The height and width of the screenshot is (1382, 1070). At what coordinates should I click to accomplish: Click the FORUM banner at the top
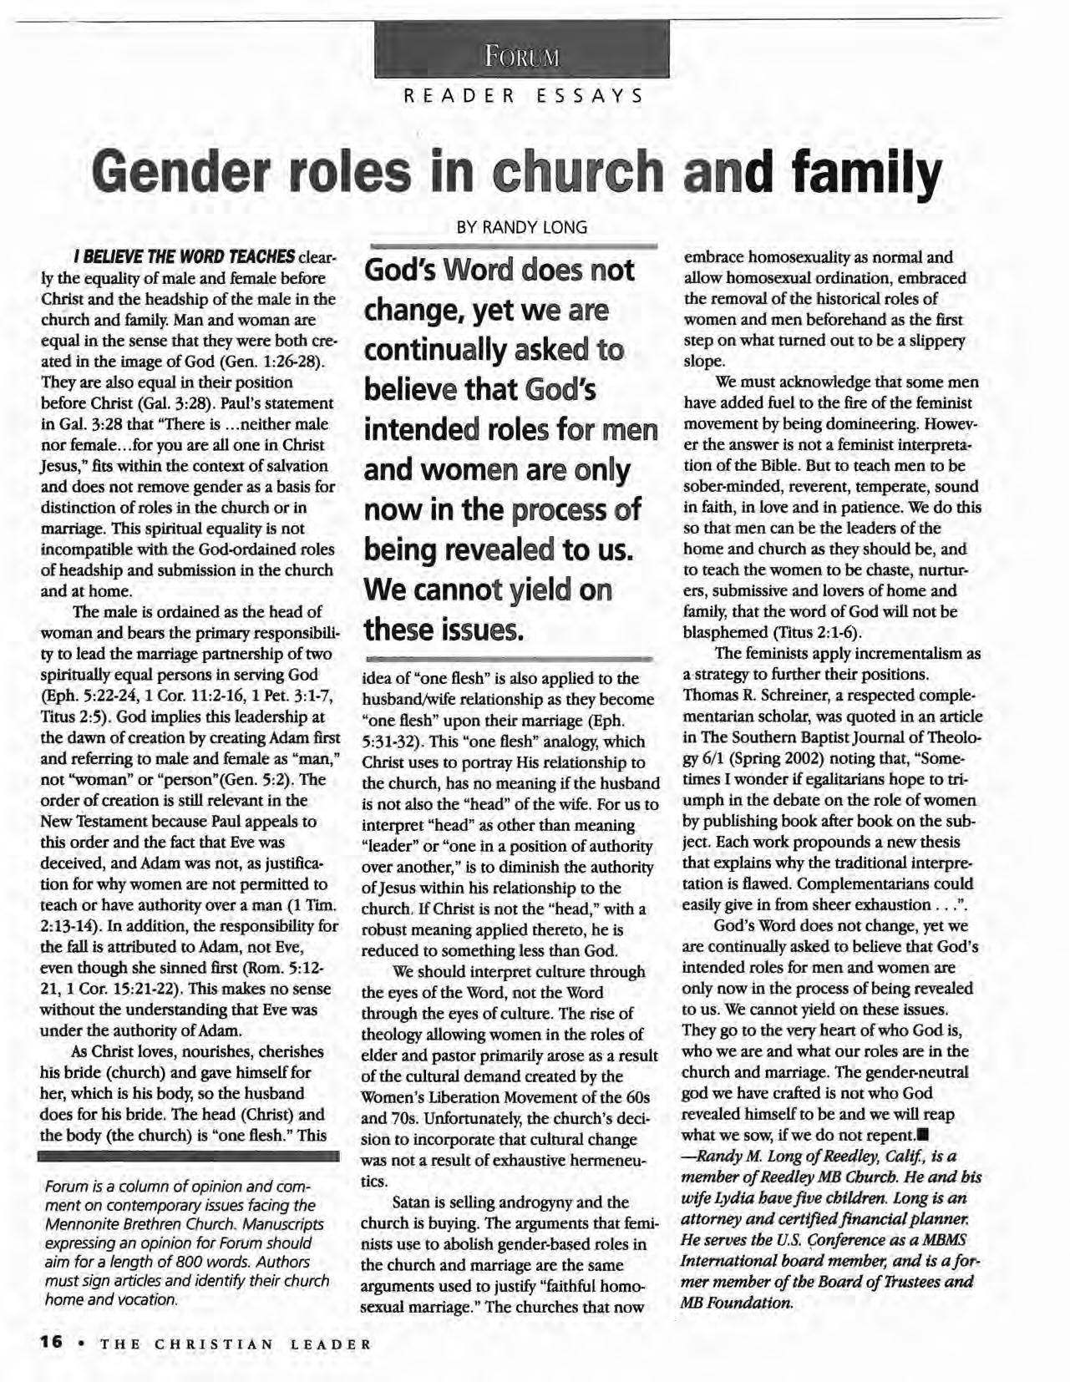click(x=521, y=57)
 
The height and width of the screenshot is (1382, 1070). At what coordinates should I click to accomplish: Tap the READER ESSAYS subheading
click(x=523, y=95)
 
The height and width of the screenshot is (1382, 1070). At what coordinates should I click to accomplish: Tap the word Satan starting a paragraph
click(x=417, y=1202)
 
